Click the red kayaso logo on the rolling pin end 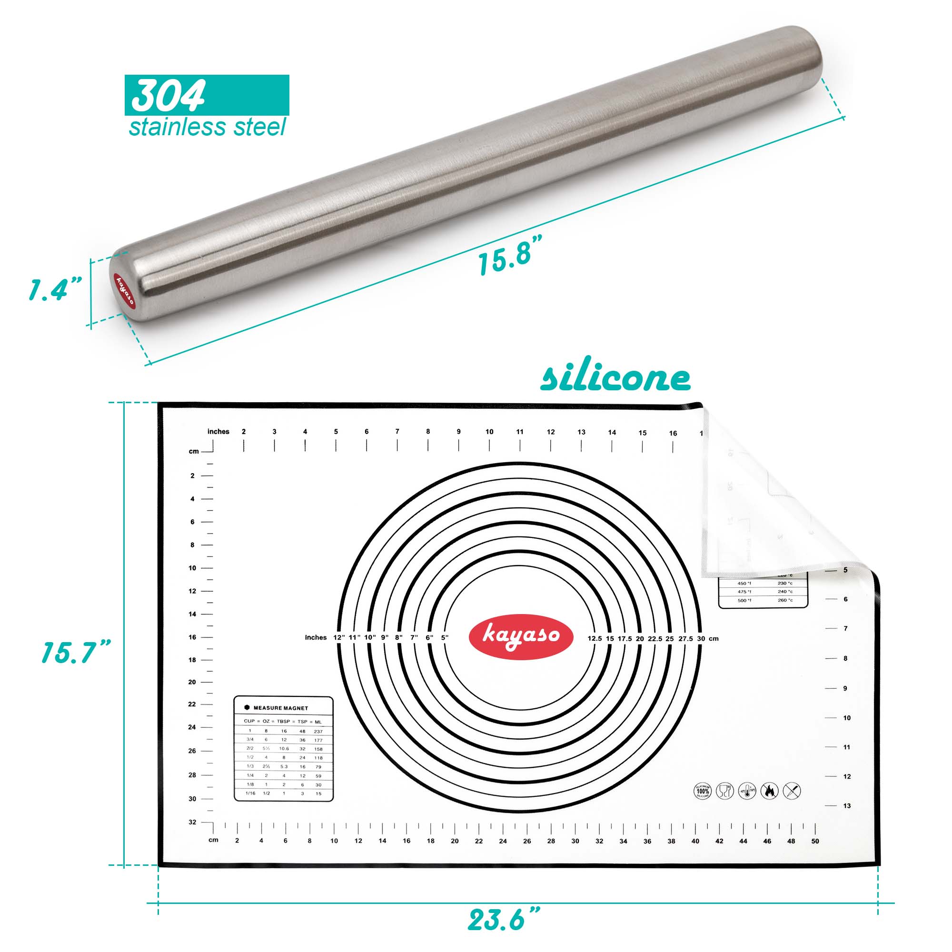[x=124, y=291]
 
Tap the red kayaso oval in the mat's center [x=521, y=636]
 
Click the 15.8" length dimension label [x=510, y=255]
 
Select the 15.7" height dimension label [x=76, y=653]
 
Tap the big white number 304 [x=169, y=96]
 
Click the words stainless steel [x=207, y=128]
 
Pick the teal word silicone [x=615, y=379]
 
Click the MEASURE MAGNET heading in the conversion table [x=280, y=708]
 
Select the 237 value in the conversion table [x=318, y=732]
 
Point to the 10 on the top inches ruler [x=489, y=432]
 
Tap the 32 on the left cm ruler [x=192, y=823]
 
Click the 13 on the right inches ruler [x=846, y=806]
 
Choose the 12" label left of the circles [x=339, y=638]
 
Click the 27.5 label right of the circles [x=685, y=639]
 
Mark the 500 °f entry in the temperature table [x=744, y=600]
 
